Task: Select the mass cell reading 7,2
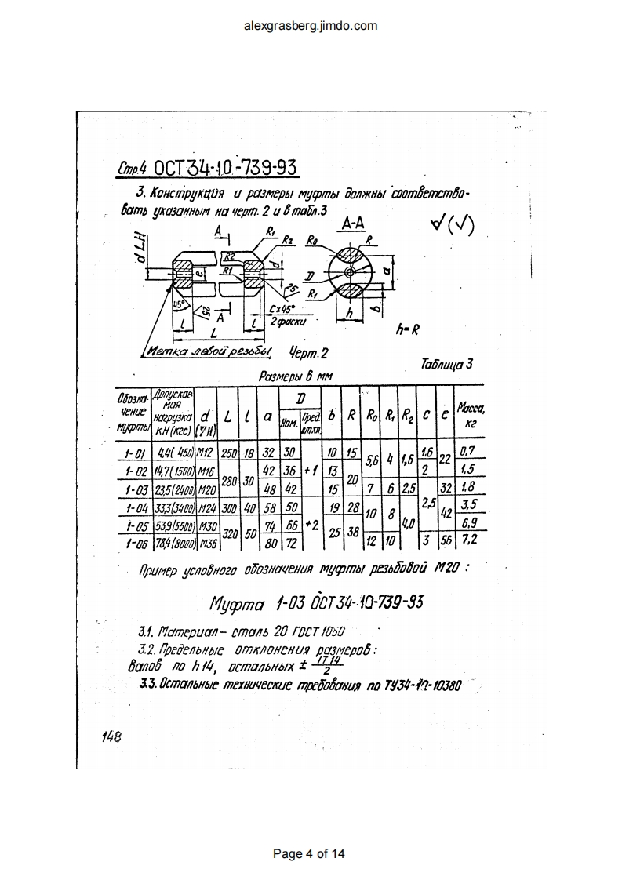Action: click(470, 541)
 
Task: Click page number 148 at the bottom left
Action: click(111, 736)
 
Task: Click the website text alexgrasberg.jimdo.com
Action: click(311, 25)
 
